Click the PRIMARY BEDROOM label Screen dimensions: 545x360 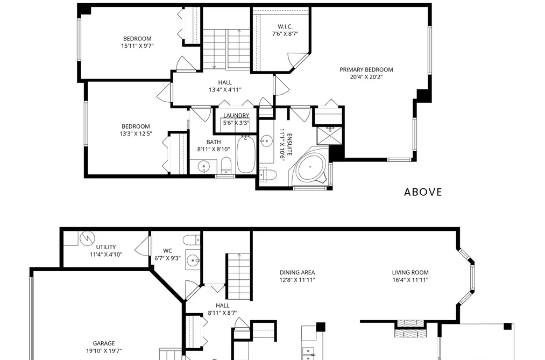366,69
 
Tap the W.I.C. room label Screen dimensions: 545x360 285,26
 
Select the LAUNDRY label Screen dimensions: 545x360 236,115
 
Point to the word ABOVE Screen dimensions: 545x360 423,192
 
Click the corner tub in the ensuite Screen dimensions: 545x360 311,166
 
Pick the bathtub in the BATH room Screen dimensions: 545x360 246,154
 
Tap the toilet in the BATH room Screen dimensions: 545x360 227,165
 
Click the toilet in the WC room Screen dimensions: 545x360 192,240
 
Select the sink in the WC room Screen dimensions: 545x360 193,259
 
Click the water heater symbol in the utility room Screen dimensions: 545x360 87,238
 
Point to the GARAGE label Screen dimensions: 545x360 104,343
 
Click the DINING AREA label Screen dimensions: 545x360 297,272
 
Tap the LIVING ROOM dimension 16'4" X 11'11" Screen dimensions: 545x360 410,280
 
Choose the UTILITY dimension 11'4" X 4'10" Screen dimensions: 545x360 106,255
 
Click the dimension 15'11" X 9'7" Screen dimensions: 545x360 137,46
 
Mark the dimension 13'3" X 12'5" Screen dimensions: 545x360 136,133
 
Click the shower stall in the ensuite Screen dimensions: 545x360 329,136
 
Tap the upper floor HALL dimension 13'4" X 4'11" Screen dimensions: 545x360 225,90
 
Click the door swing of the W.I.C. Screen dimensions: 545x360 295,59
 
